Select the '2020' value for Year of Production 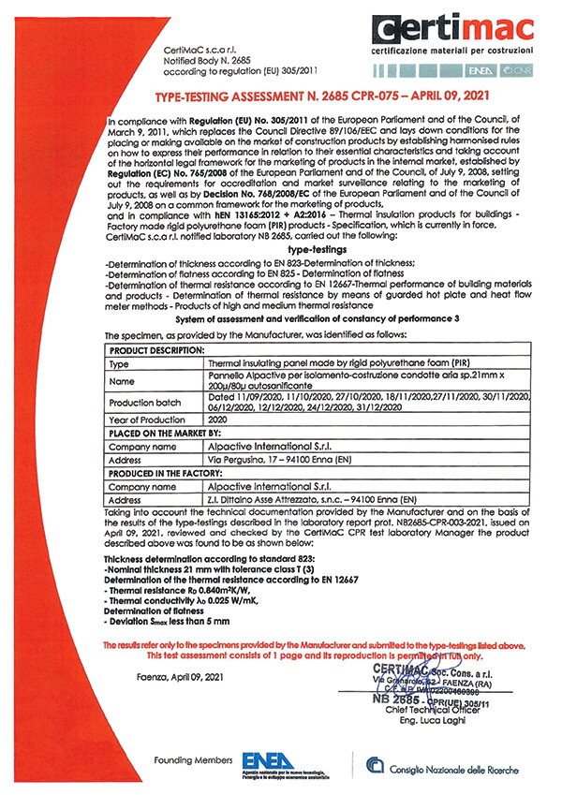point(220,422)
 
